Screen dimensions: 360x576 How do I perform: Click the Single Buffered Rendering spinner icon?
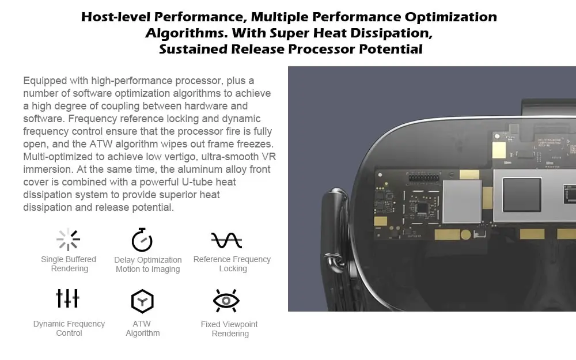pyautogui.click(x=69, y=239)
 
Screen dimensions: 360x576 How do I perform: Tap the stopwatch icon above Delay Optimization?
pyautogui.click(x=142, y=240)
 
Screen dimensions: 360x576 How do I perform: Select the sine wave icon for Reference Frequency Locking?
pyautogui.click(x=226, y=239)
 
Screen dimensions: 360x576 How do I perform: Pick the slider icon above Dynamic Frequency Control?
pyautogui.click(x=68, y=298)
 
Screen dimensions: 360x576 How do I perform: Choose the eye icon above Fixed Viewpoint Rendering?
pyautogui.click(x=226, y=301)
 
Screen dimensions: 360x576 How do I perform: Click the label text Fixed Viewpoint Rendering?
pyautogui.click(x=229, y=329)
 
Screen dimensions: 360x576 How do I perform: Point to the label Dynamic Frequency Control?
pyautogui.click(x=69, y=328)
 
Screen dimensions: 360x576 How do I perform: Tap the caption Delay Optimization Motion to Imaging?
pyautogui.click(x=148, y=264)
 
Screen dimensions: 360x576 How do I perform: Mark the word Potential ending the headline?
pyautogui.click(x=391, y=49)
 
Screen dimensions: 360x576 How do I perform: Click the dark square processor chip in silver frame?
pyautogui.click(x=521, y=195)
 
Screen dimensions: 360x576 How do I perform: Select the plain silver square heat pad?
pyautogui.click(x=461, y=200)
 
